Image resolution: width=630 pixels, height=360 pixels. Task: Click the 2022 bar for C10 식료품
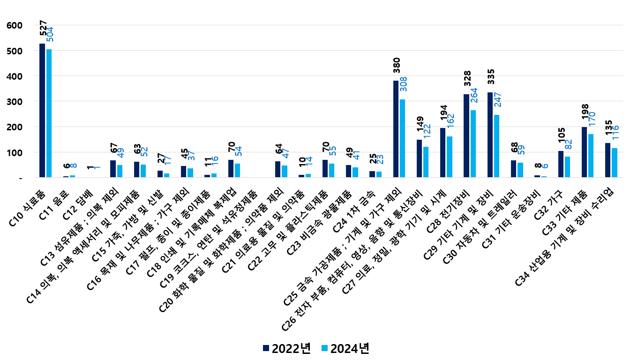click(x=42, y=111)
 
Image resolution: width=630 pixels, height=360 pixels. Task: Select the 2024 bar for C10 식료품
click(x=49, y=113)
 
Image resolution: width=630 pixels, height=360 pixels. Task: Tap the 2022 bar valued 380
click(x=396, y=129)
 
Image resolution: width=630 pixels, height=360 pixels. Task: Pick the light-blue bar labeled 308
click(x=403, y=138)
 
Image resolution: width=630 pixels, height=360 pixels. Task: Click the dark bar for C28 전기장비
click(x=466, y=136)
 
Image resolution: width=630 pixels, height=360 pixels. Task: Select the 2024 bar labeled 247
click(x=497, y=146)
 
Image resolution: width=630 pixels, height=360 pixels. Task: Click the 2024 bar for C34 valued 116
click(x=615, y=163)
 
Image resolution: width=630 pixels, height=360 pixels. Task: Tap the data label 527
click(x=43, y=28)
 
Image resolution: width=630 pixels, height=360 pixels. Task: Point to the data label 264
click(x=474, y=97)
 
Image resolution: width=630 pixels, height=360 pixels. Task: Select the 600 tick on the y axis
click(x=15, y=25)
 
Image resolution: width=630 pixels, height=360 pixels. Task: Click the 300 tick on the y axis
click(x=15, y=102)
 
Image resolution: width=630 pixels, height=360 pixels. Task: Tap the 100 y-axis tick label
click(x=15, y=153)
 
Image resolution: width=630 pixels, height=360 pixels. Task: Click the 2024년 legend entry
click(x=345, y=348)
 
